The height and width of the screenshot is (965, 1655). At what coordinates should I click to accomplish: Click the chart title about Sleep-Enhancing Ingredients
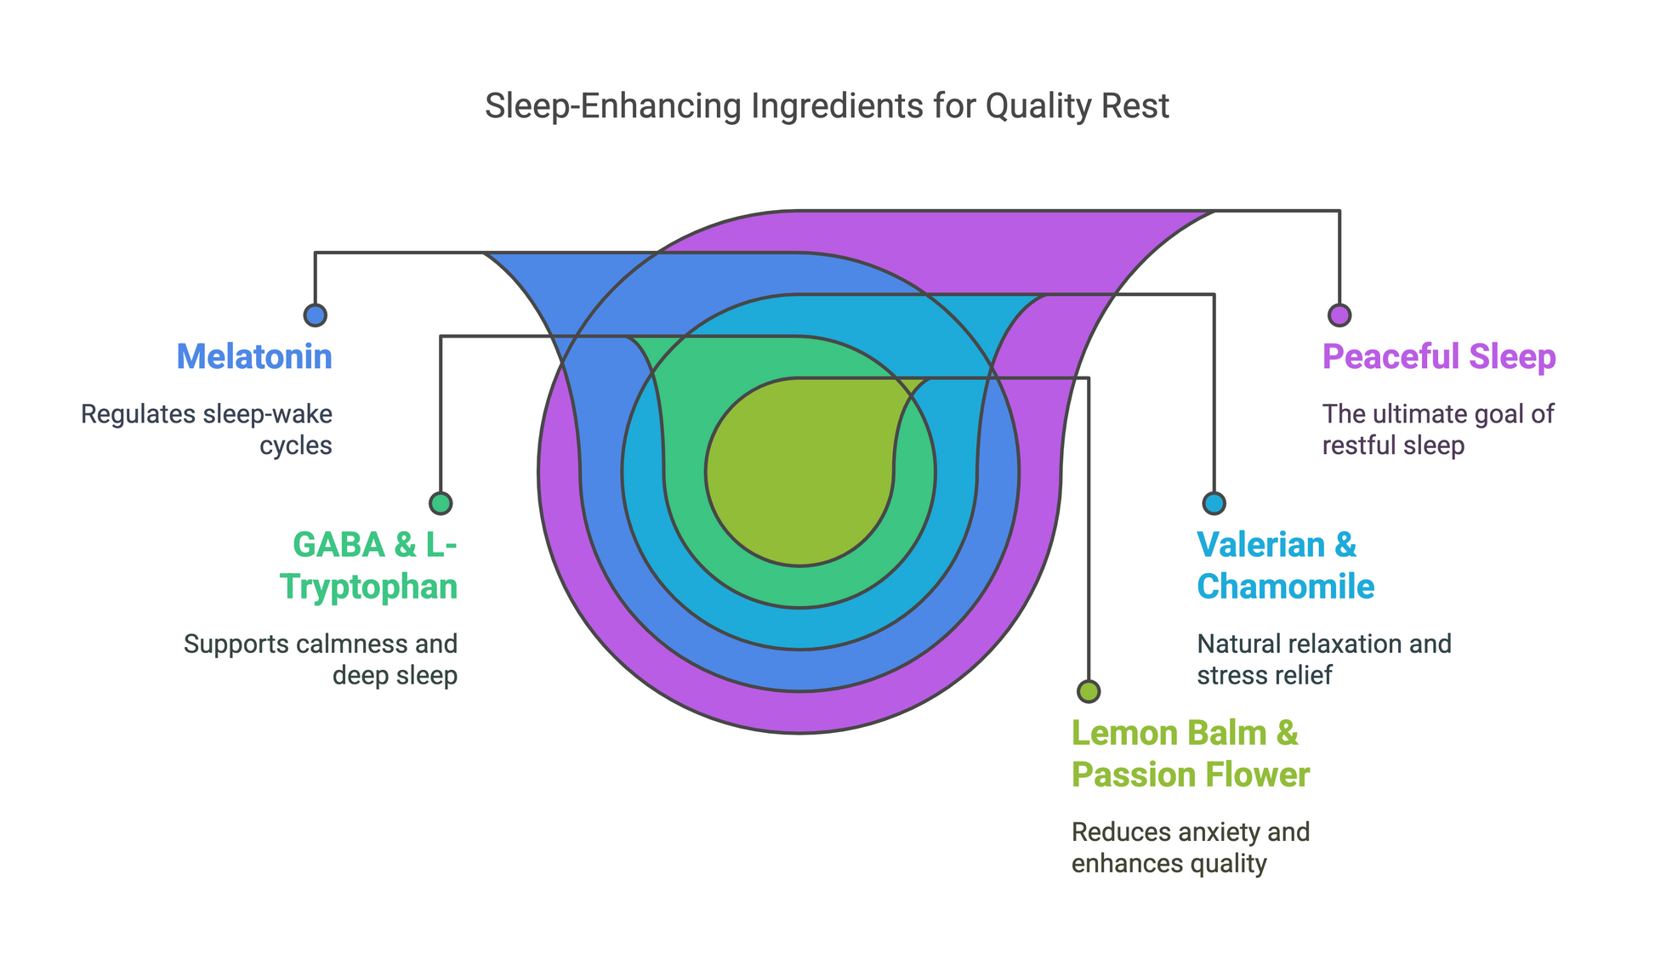click(x=827, y=106)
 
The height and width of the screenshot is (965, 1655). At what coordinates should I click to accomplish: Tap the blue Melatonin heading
click(x=254, y=356)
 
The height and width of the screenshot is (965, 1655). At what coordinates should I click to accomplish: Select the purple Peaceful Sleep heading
click(x=1439, y=356)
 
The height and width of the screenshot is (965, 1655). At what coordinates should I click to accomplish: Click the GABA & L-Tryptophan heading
click(x=369, y=565)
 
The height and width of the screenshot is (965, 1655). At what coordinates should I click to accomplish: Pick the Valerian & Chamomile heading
click(x=1286, y=565)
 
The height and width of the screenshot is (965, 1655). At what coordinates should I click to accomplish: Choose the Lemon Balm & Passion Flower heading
click(x=1191, y=754)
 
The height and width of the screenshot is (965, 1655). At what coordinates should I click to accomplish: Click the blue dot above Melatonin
click(x=316, y=315)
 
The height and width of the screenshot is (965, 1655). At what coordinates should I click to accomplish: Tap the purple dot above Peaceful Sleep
click(x=1339, y=315)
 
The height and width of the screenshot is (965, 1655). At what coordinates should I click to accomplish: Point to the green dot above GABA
click(x=441, y=503)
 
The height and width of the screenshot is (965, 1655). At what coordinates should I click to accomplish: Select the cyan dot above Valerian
click(x=1214, y=503)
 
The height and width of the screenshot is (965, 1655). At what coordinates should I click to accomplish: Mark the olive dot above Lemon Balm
click(x=1089, y=691)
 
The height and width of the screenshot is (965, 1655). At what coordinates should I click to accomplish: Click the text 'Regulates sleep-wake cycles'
click(x=207, y=429)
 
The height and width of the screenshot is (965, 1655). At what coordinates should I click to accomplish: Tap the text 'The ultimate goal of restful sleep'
click(x=1438, y=429)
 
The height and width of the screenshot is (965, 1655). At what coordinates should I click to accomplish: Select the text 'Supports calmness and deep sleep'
click(x=321, y=659)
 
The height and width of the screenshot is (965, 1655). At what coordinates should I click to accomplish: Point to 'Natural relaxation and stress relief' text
click(x=1324, y=659)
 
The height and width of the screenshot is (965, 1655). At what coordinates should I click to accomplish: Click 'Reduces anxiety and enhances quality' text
click(x=1191, y=848)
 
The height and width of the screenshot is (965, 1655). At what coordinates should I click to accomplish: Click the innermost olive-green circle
click(x=799, y=502)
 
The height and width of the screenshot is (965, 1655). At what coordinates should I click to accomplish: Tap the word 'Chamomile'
click(x=1286, y=587)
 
